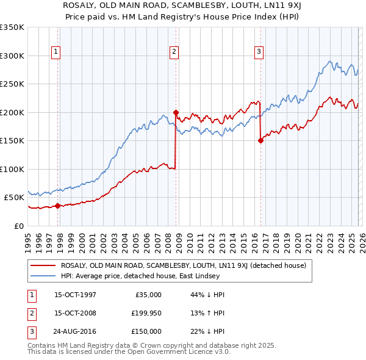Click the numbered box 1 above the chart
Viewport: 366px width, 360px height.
[56, 52]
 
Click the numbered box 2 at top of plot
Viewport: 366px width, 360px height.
[174, 52]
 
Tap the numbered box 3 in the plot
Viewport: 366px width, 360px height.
[259, 52]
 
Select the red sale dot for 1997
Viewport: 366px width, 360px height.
[58, 206]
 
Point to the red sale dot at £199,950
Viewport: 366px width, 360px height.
[176, 112]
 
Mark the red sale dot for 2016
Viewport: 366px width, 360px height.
[260, 140]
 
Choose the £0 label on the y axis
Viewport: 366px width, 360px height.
[19, 226]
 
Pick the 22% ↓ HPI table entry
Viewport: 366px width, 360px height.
[208, 331]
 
